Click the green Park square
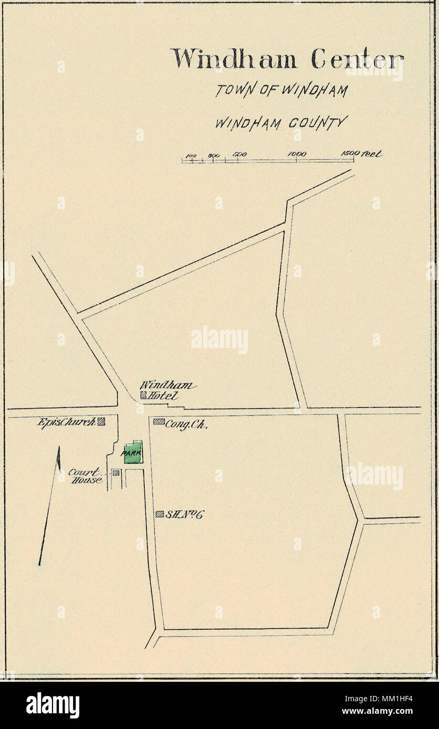click(132, 452)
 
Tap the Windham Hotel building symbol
click(143, 396)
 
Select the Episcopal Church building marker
click(102, 421)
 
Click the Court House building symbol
click(116, 473)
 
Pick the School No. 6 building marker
click(159, 514)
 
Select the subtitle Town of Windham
click(281, 90)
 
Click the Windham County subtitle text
click(281, 124)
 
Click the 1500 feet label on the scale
click(362, 153)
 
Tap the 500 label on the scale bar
click(240, 154)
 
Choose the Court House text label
click(86, 476)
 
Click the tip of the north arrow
click(59, 447)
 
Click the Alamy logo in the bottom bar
click(53, 705)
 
